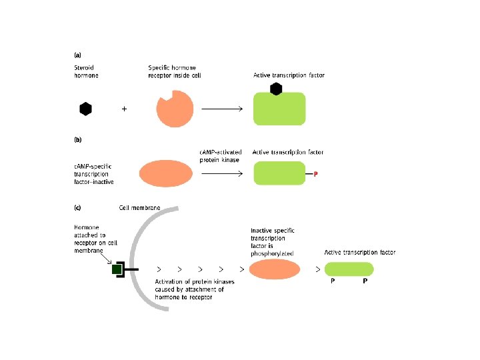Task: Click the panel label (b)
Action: [x=77, y=141]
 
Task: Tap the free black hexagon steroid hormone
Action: [x=85, y=109]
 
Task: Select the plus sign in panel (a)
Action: [x=123, y=109]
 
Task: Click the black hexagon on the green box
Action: [x=276, y=89]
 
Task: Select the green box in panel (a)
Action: [x=279, y=110]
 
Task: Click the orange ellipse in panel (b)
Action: [x=165, y=173]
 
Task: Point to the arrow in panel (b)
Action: [x=221, y=173]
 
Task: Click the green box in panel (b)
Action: [x=279, y=173]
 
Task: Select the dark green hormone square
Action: [x=117, y=269]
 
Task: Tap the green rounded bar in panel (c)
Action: [x=349, y=269]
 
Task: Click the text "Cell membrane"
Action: [x=139, y=208]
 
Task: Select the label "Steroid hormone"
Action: [x=86, y=71]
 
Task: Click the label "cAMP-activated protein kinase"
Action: [x=221, y=155]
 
